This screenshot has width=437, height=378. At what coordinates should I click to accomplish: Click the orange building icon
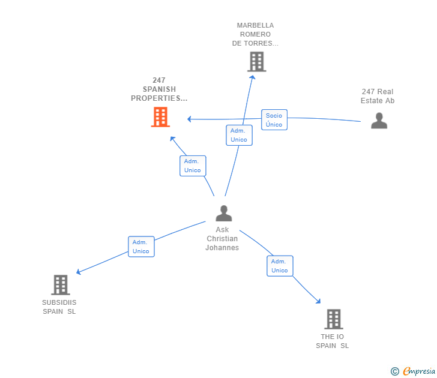coord(160,117)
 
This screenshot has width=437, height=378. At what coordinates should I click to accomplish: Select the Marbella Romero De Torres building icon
coord(256,62)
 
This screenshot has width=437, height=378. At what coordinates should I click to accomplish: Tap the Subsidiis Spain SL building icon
coord(61,285)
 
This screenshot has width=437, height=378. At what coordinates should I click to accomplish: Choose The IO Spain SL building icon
coord(333,319)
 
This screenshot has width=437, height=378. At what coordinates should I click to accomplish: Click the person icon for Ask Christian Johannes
coord(224,213)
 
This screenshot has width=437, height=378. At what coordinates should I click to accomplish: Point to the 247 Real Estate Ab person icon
coord(379,121)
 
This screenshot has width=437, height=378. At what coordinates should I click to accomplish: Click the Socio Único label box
coord(274,120)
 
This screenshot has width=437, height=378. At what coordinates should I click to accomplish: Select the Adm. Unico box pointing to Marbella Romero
coord(238,135)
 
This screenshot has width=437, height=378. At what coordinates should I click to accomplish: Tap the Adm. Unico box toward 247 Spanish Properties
coord(193,166)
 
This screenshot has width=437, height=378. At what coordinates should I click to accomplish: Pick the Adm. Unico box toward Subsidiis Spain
coord(141,247)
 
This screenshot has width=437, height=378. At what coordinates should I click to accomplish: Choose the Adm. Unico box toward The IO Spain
coord(280,266)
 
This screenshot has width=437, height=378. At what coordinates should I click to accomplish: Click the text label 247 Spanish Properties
coord(159,89)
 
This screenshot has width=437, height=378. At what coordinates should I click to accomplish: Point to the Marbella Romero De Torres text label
coord(255,34)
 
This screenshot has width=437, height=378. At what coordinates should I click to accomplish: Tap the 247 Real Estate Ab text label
coord(378,96)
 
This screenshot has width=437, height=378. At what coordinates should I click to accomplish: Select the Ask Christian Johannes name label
coord(222,239)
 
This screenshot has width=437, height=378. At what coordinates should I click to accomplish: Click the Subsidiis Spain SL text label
coord(59,307)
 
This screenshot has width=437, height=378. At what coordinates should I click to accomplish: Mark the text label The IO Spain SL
coord(332,341)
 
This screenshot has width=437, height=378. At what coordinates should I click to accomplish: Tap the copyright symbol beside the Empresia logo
coord(395,371)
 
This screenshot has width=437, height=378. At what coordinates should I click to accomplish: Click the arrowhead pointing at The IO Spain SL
coord(318,302)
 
